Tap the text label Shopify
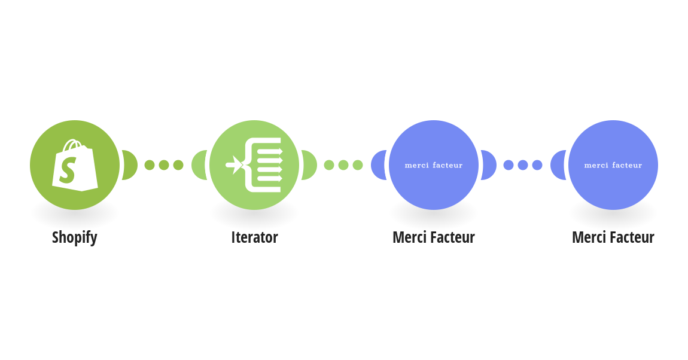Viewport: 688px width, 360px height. coord(75,237)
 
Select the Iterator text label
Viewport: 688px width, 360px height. coord(254,237)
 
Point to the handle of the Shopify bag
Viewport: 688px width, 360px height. coord(72,145)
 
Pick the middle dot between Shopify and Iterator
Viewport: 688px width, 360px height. coord(164,165)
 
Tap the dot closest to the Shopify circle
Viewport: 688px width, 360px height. coord(150,165)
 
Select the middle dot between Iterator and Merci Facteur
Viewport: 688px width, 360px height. coord(343,165)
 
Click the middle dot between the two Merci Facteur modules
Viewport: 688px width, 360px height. coord(523,165)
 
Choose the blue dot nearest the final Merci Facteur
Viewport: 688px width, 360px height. coord(537,165)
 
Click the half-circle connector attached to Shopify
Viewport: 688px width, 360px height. coord(130,165)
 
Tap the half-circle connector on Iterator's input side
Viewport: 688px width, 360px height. coord(199,165)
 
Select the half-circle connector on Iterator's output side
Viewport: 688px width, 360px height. coord(309,165)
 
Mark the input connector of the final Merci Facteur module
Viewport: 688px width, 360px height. coord(558,165)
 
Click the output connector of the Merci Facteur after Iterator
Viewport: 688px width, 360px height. coord(489,165)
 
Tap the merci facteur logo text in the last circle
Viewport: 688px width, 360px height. coord(613,165)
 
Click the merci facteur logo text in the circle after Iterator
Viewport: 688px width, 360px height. coord(434,165)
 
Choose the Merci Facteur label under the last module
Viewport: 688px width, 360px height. coord(613,237)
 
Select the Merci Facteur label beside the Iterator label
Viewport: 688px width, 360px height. coord(434,237)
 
